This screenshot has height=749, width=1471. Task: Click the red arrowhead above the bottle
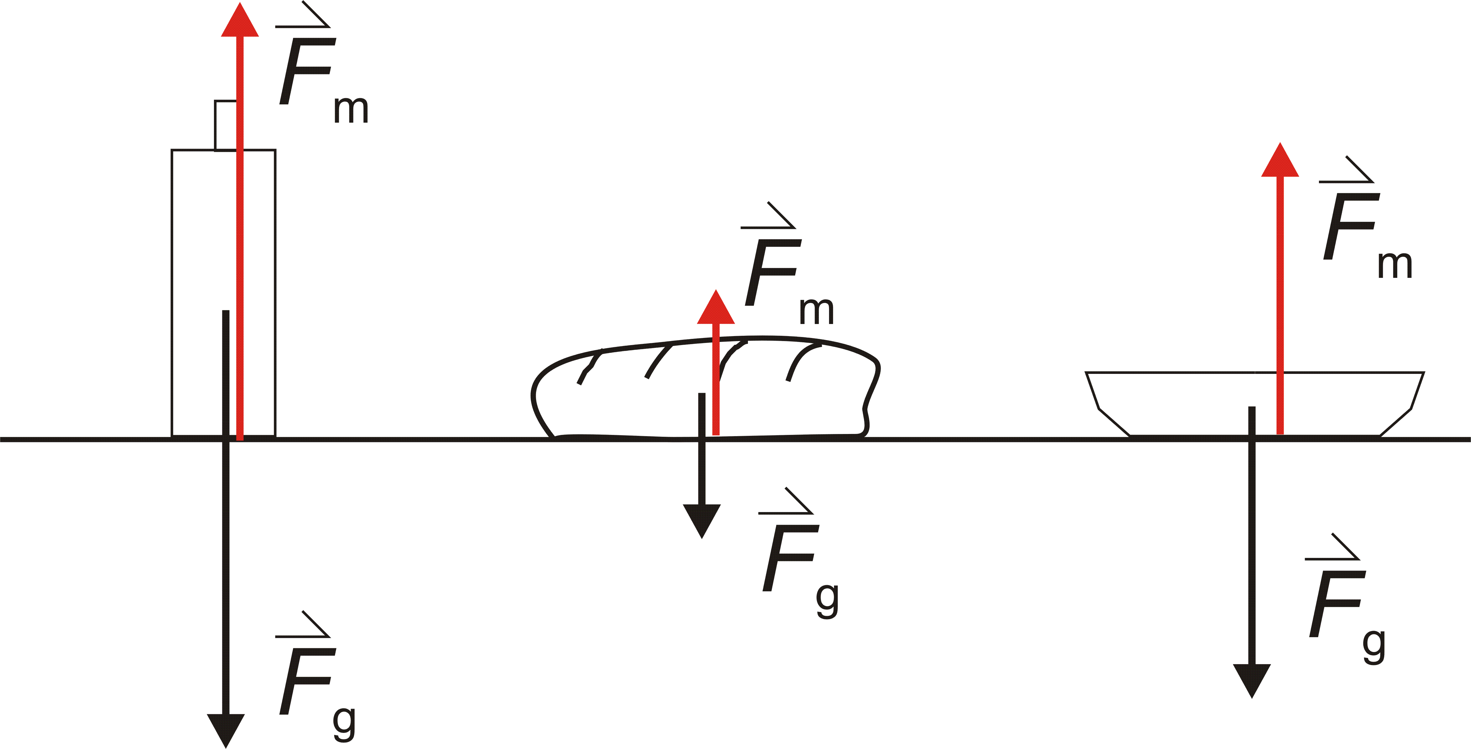pyautogui.click(x=240, y=23)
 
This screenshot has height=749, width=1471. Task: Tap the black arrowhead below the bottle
pyautogui.click(x=225, y=729)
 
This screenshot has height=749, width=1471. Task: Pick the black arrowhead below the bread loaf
pyautogui.click(x=702, y=519)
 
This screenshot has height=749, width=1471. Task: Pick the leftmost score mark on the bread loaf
pyautogui.click(x=589, y=367)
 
